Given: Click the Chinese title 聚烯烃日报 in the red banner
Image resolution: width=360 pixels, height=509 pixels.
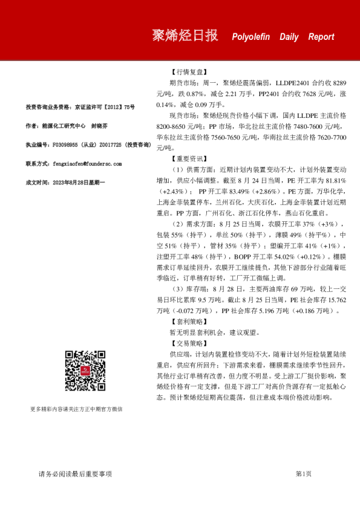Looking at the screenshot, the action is pos(185,36).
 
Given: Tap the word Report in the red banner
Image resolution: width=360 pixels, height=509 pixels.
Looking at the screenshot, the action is pos(321,37).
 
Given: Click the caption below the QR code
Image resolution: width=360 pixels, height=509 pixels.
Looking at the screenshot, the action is pos(76,409).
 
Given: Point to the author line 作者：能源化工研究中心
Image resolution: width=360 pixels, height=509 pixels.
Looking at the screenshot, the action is pos(58,126).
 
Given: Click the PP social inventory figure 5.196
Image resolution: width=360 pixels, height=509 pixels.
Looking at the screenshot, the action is pos(241,311).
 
